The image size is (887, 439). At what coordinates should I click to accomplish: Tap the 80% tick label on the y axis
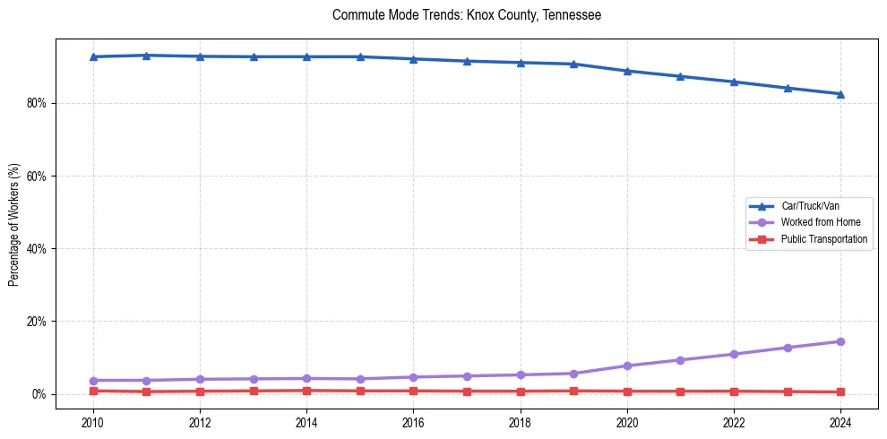coord(37,104)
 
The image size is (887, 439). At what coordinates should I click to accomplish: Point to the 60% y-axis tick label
coord(37,176)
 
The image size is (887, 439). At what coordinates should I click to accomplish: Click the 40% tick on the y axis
coord(37,249)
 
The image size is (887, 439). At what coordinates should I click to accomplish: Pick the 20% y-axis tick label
coord(37,322)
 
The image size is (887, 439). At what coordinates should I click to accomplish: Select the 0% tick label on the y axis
coord(39,394)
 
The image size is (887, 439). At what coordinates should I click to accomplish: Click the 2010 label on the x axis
coord(92,422)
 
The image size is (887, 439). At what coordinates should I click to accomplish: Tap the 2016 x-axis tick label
coord(413,422)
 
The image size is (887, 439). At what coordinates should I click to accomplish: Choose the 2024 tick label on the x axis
coord(840,422)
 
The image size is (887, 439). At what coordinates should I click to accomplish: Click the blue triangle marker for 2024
coord(840,94)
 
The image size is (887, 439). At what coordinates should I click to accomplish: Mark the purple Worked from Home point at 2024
coord(840,341)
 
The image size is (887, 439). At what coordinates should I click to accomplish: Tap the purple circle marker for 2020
coord(627,366)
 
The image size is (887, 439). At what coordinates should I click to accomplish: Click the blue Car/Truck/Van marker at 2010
coord(92,56)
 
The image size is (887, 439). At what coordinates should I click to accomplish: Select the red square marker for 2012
coord(200,392)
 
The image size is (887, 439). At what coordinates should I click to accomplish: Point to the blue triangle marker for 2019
coord(573,64)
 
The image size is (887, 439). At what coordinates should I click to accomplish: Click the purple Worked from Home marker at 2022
coord(734,354)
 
